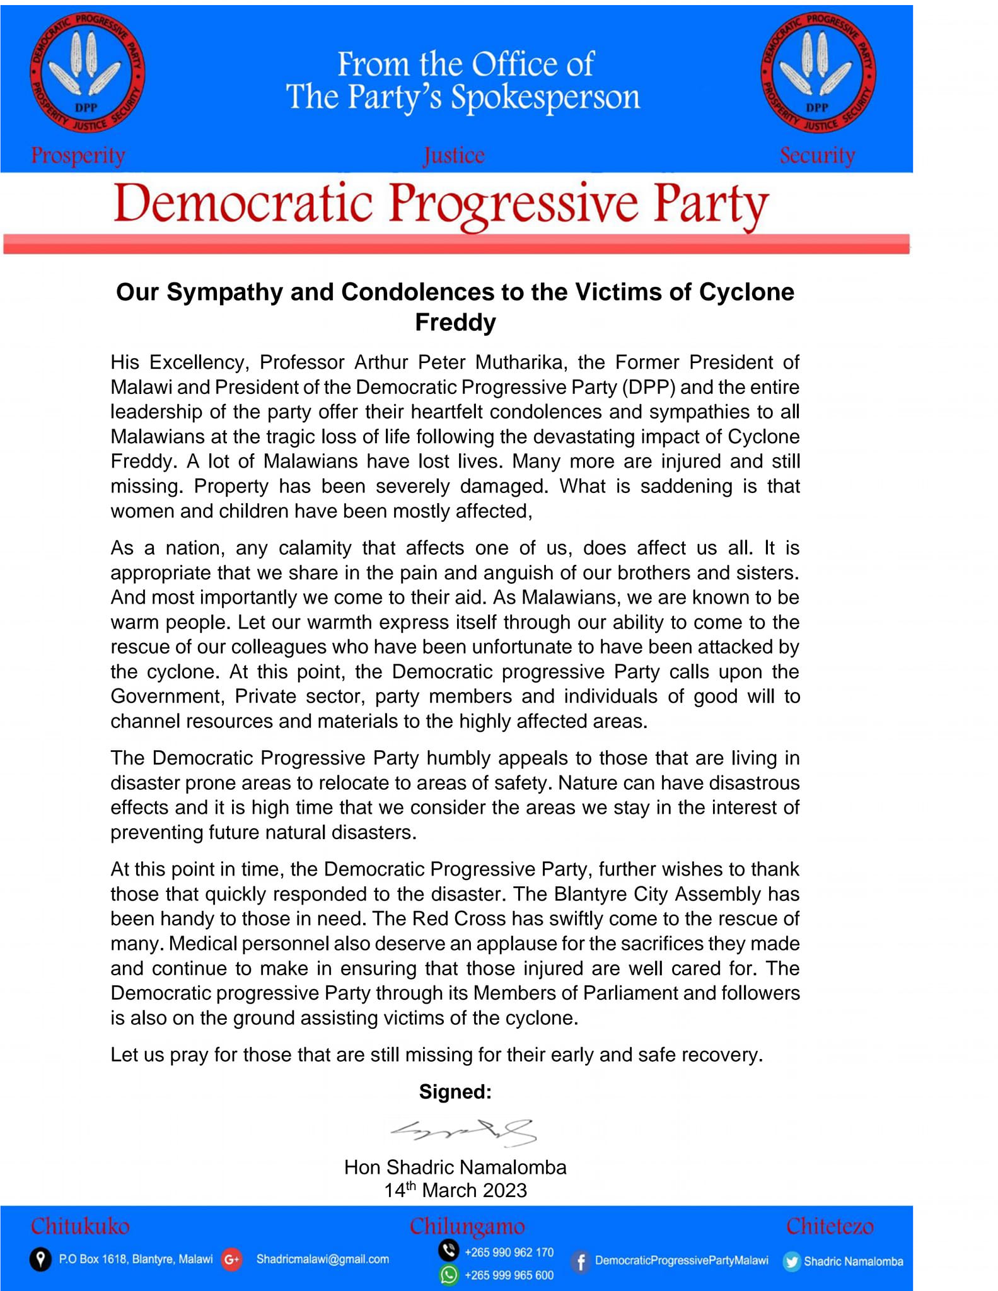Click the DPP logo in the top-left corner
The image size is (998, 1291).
(87, 74)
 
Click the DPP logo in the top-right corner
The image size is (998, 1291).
(818, 74)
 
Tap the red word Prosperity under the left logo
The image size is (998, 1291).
(78, 155)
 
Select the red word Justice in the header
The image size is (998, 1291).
(454, 155)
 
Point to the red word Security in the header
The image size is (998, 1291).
(817, 155)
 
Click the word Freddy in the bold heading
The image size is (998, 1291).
(455, 322)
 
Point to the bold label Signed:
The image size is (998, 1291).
(455, 1091)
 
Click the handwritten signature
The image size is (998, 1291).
(463, 1132)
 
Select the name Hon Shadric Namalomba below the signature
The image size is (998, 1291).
(455, 1167)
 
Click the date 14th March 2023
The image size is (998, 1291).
(455, 1190)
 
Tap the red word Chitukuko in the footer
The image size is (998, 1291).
(80, 1227)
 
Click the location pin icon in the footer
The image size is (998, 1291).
(40, 1259)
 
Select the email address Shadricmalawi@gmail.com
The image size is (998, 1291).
(322, 1259)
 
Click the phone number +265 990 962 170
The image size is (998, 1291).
(509, 1253)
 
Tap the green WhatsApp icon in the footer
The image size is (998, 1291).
(449, 1275)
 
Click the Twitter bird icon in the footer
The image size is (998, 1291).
(791, 1261)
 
